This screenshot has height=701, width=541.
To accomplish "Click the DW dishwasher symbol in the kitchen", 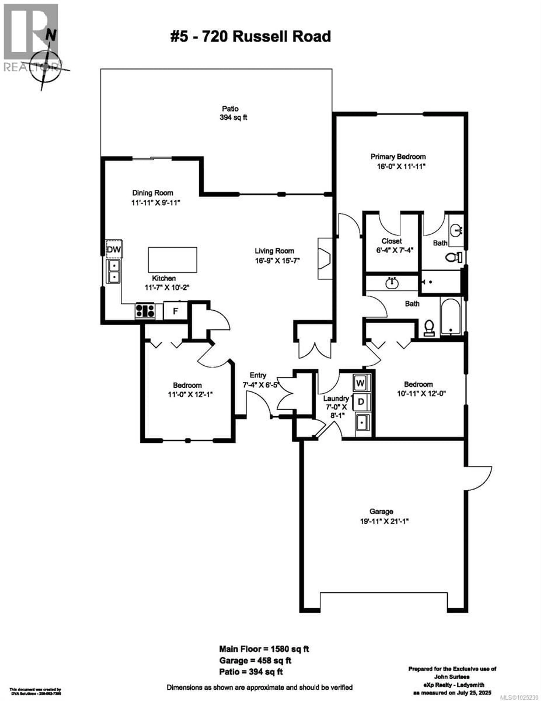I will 114,249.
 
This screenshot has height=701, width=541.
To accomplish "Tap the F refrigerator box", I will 175,311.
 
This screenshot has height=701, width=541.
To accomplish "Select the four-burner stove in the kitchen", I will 145,311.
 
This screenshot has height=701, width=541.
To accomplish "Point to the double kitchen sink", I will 113,271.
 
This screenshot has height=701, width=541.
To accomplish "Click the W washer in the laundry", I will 360,383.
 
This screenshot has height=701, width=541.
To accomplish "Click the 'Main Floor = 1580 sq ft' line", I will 264,649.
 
